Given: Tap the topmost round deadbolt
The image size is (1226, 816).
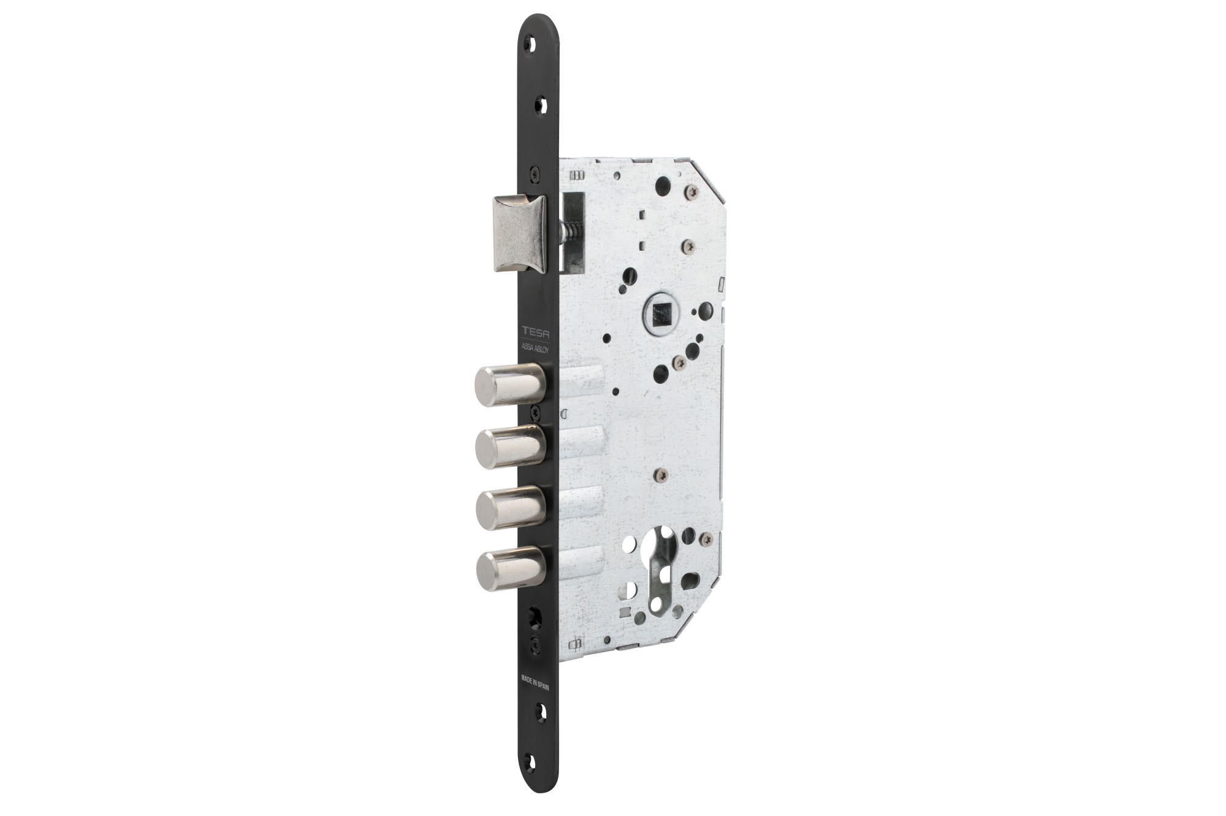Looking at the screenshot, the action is [510, 384].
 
